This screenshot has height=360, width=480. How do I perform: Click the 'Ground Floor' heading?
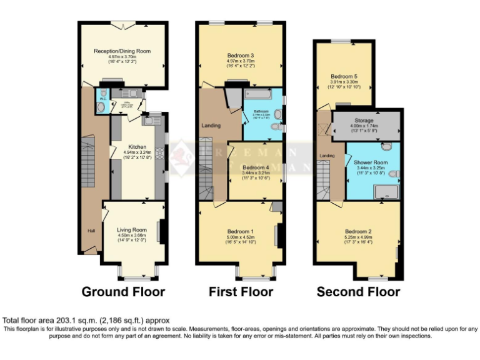124,292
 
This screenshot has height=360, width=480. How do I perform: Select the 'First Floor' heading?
241,292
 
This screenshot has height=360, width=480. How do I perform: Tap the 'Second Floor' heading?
358,292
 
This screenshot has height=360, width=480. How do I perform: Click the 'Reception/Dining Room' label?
122,51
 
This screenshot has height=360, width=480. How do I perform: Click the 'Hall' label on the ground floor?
91,231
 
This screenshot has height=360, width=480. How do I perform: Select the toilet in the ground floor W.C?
101,106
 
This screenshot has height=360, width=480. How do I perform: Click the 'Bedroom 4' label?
255,167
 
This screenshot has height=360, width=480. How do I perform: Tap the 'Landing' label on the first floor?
211,126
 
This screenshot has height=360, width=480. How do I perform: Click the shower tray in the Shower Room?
385,191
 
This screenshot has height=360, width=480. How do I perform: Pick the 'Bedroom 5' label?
344,76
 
